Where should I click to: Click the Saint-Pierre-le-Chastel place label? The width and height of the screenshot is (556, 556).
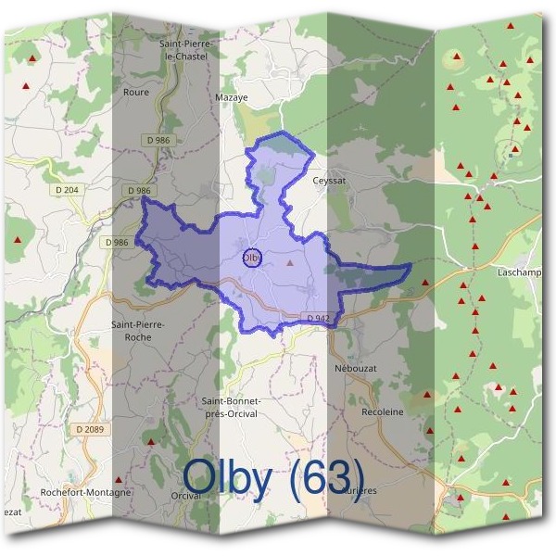187,50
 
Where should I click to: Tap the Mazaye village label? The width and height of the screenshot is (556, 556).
231,96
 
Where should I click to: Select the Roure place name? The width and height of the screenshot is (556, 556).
135,92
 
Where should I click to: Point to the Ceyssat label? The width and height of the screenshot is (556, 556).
329,181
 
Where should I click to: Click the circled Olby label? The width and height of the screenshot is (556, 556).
251,258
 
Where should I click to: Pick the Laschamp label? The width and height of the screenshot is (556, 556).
519,273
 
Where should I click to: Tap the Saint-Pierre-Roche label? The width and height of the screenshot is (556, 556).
138,331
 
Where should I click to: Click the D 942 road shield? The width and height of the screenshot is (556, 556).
318,318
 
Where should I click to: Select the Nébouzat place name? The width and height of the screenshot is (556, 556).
352,368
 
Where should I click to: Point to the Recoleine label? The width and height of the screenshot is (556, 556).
383,411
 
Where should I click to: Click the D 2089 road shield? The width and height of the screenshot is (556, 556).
90,429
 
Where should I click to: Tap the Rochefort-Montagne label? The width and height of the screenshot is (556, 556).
86,492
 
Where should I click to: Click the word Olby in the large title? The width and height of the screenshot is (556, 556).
227,477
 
